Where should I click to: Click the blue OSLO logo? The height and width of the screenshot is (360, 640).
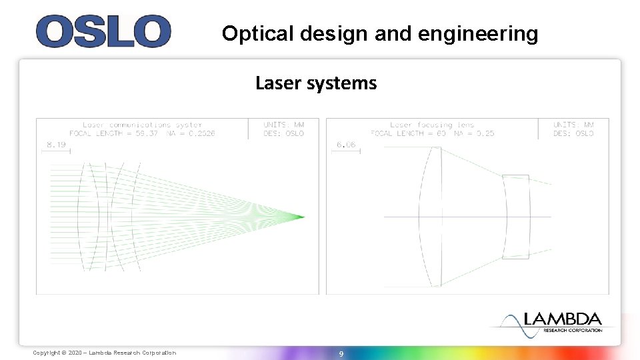coord(103,31)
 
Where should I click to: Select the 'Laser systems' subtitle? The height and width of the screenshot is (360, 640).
coord(316,83)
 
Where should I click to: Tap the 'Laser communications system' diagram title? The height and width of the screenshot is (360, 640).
coord(142,125)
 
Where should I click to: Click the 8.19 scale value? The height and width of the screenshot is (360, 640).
coord(56,145)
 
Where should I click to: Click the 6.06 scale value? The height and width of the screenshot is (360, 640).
coord(345,145)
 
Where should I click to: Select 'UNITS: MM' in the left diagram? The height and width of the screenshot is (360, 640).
coord(283,125)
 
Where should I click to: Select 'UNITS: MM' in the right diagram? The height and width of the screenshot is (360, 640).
coord(573,125)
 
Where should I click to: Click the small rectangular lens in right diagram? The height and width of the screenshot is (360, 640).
coord(516,217)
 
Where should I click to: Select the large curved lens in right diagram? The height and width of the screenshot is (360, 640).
coord(431,217)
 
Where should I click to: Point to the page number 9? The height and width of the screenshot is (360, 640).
coord(341,353)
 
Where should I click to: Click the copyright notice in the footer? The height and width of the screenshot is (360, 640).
coord(105,353)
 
